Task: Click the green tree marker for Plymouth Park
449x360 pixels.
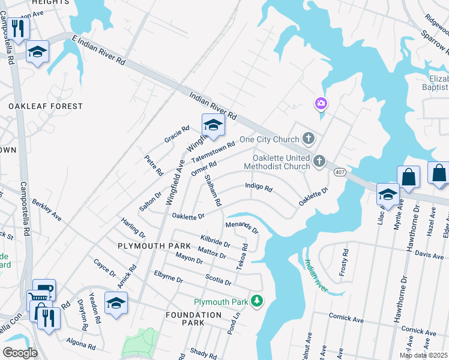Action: tap(257, 300)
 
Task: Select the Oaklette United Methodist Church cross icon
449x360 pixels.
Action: tap(320, 161)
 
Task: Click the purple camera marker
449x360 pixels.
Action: tap(321, 104)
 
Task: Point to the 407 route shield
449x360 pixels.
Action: tap(340, 172)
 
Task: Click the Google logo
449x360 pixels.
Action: tap(20, 352)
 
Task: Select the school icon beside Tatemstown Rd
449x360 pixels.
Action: tap(212, 125)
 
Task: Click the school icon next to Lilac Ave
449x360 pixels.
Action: tap(388, 194)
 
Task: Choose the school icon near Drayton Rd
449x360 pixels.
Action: tap(116, 303)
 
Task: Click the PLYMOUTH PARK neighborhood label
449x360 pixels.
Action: tap(154, 246)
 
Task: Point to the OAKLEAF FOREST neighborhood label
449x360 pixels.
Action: tap(46, 106)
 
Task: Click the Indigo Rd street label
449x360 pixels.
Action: tap(259, 188)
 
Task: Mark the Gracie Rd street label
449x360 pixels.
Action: tap(177, 134)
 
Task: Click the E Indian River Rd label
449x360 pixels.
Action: tap(98, 52)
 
